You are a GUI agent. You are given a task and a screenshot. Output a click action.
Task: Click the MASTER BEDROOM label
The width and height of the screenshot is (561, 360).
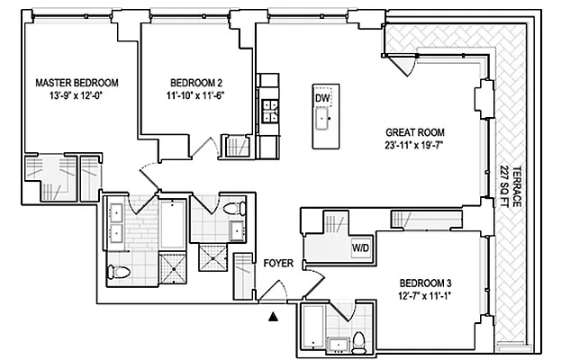(x=77, y=83)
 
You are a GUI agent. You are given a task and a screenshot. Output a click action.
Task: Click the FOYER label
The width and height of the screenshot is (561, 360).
(x=277, y=265)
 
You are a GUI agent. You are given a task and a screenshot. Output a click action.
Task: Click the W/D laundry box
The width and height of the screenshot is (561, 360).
(x=358, y=247)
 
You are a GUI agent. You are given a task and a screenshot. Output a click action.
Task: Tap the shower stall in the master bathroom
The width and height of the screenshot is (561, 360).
(x=170, y=266)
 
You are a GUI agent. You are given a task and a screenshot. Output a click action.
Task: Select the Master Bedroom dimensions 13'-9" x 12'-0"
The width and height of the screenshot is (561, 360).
(x=77, y=95)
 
